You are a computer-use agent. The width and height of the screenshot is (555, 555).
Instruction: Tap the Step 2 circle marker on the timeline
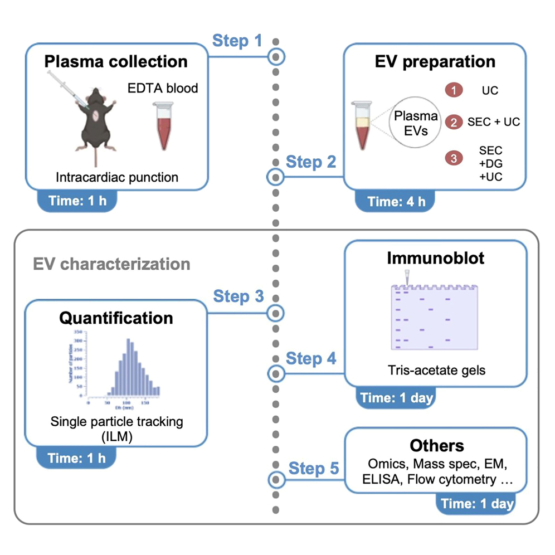coord(275,178)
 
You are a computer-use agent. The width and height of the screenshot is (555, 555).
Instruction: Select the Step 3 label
coord(238,296)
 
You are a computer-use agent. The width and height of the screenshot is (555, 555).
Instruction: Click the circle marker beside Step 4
coord(275,373)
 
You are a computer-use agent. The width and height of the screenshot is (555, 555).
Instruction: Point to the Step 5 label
coord(314,469)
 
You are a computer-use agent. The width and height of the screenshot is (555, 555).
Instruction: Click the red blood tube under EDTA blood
coord(163,129)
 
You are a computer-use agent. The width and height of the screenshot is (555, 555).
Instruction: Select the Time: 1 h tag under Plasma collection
coord(77,201)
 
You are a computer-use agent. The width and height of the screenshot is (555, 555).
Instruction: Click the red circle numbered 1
coord(454,89)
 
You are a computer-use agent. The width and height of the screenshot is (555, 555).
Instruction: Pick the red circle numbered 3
coord(454,158)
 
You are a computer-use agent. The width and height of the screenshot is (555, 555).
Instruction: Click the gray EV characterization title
coord(111,263)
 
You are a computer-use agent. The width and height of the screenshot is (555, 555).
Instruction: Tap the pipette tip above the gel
coord(406,277)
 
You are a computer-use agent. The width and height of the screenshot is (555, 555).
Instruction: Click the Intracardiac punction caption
coord(117,178)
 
